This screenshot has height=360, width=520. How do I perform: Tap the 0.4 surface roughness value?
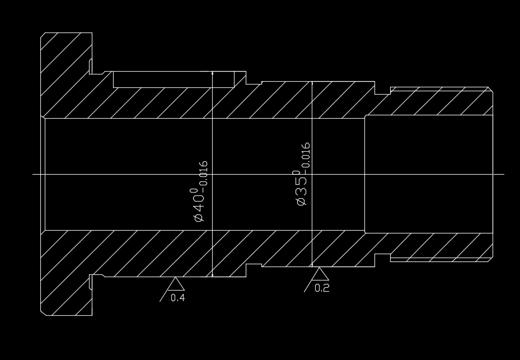pos(177,298)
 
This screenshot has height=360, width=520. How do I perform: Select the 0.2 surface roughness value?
pos(322,288)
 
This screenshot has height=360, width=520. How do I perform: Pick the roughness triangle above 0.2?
pos(320,274)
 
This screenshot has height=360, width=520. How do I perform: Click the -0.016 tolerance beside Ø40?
pos(204,173)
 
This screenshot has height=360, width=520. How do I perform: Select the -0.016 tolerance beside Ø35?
pos(306,155)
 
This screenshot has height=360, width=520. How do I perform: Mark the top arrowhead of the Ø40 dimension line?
pos(213,73)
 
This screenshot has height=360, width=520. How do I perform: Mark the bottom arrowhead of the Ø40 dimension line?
pos(213,274)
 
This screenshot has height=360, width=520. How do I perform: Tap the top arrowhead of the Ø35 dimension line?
pos(312,84)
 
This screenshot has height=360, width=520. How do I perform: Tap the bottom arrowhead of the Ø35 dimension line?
pos(312,264)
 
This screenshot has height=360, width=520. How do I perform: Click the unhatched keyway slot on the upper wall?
pos(174,80)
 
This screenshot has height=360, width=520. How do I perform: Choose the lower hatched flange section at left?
pos(66,274)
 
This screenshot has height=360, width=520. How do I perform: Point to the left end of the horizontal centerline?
pos(34,174)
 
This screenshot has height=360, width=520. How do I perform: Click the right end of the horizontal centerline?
pos(504,174)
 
